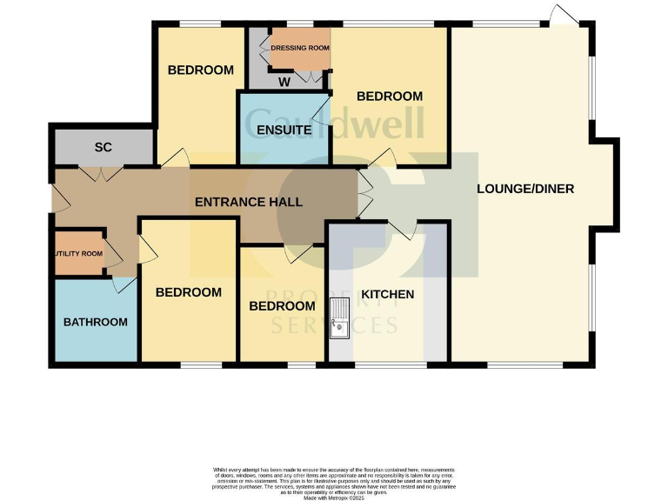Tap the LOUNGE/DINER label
[525, 188]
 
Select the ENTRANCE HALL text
[249, 202]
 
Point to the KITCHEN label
[388, 294]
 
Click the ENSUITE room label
[284, 130]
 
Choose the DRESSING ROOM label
[300, 48]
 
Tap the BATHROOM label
[96, 322]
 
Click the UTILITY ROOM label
[79, 253]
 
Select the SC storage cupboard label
[103, 147]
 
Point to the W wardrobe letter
[284, 82]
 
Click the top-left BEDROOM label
[201, 70]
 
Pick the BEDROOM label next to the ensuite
[390, 96]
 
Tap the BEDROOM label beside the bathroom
[189, 292]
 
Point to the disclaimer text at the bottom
[334, 481]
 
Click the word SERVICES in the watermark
[334, 325]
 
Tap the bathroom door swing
[124, 284]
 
